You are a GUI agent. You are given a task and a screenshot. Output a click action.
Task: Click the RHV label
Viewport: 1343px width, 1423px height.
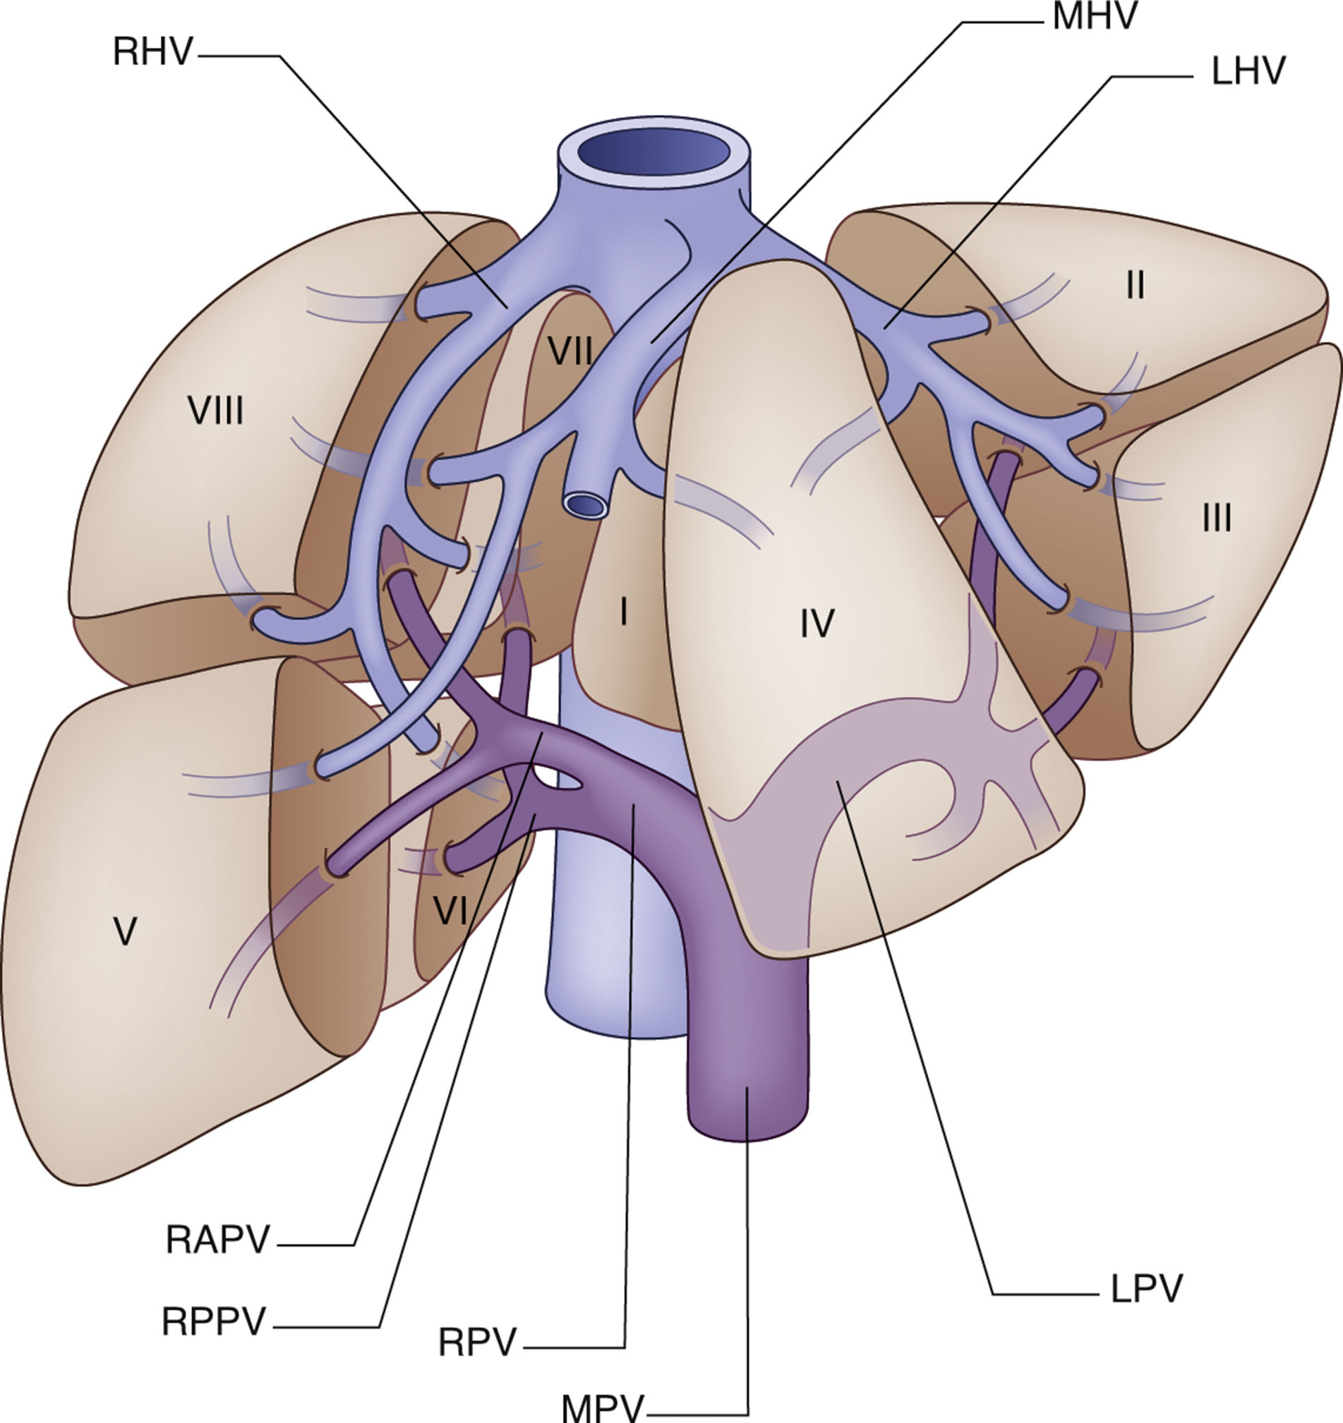[x=152, y=53]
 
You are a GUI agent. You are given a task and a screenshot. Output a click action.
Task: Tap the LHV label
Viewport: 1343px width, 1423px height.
[x=1248, y=72]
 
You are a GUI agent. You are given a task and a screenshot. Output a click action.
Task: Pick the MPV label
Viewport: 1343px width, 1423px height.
[x=603, y=1407]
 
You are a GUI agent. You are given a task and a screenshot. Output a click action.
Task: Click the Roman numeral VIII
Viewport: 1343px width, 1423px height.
[x=215, y=411]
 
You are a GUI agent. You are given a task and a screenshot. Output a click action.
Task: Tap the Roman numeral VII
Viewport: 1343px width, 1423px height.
[x=570, y=351]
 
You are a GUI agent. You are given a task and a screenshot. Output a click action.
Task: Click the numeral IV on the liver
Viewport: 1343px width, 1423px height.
[x=816, y=623]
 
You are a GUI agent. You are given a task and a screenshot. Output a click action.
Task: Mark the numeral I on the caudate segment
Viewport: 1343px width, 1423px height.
[x=624, y=612]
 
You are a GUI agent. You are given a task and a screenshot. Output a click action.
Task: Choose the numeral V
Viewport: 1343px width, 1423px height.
[x=126, y=932]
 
